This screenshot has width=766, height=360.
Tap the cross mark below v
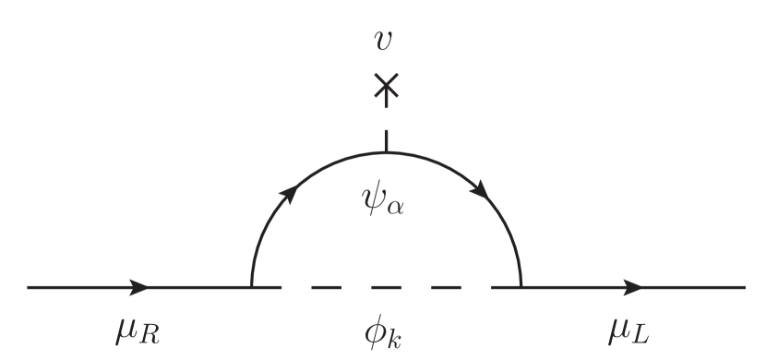coord(386,88)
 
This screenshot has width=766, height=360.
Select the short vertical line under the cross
coord(386,138)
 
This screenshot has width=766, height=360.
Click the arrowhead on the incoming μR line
coord(140,287)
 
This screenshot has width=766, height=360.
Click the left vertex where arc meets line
coord(251,287)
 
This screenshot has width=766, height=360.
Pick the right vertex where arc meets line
coord(521,287)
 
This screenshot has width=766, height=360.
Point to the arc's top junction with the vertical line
coord(386,151)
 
